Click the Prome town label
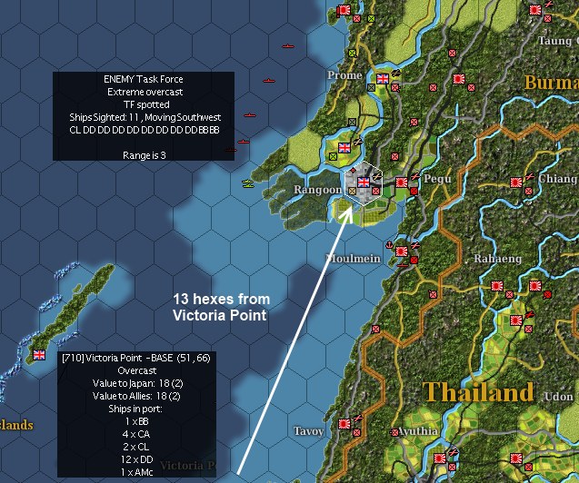coord(344,75)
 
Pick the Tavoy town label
coord(310,431)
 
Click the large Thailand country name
coord(477,392)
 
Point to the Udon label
coord(558,397)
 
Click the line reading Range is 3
coord(143,155)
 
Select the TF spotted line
coord(143,104)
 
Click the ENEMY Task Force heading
coord(143,79)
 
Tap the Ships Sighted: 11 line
coord(143,117)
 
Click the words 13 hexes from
coord(222,300)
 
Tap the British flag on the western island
coord(39,354)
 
